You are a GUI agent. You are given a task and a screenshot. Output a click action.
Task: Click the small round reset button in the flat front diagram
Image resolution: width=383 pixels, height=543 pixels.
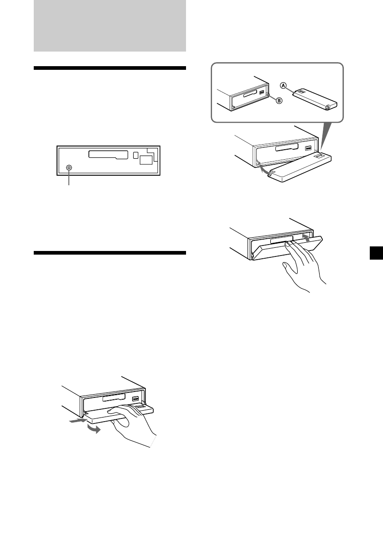[x=69, y=167]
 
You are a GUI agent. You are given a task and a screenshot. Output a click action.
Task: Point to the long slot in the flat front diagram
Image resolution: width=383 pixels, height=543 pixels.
[x=108, y=154]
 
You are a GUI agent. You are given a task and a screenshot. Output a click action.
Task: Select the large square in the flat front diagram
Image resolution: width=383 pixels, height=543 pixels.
[x=146, y=159]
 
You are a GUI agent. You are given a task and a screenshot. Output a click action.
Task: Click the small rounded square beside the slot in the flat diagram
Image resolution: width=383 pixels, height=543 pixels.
[x=135, y=155]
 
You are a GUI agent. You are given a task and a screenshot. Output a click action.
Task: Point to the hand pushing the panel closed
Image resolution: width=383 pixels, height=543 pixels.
[x=303, y=269]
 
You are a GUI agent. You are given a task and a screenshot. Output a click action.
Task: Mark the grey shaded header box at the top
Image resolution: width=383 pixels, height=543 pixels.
[x=110, y=26]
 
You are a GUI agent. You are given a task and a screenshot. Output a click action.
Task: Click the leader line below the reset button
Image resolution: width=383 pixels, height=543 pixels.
[x=69, y=178]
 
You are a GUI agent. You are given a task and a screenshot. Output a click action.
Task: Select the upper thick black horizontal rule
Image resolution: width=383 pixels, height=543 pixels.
[x=110, y=68]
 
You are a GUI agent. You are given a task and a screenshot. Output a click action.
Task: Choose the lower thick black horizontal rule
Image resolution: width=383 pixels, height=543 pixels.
[x=110, y=252]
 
